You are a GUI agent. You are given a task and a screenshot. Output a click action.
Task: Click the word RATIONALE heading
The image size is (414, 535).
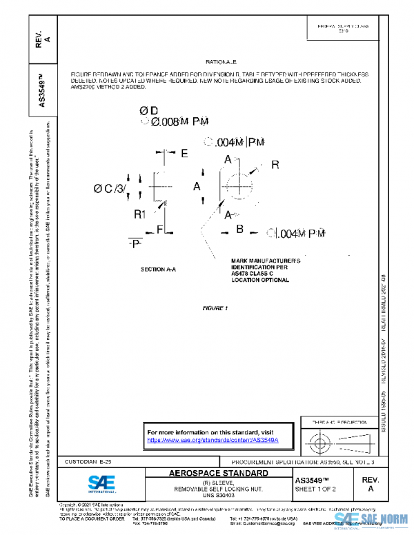pos(221,61)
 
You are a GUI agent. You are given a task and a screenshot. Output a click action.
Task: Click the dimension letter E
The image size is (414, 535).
pos(184,154)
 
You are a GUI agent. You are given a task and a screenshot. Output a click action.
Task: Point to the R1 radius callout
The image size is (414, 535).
pos(140,214)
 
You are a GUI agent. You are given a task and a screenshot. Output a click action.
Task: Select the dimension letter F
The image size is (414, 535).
pos(159,228)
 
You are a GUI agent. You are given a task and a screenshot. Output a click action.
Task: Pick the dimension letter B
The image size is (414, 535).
pos(240,228)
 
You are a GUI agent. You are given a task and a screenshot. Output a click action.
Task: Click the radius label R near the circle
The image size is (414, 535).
pos(275,165)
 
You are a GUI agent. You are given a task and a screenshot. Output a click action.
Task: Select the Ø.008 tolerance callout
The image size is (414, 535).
pos(175,121)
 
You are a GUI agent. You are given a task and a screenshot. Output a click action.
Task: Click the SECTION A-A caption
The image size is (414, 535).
pos(158,269)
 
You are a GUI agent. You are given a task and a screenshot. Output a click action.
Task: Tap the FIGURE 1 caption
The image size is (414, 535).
pos(215,307)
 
